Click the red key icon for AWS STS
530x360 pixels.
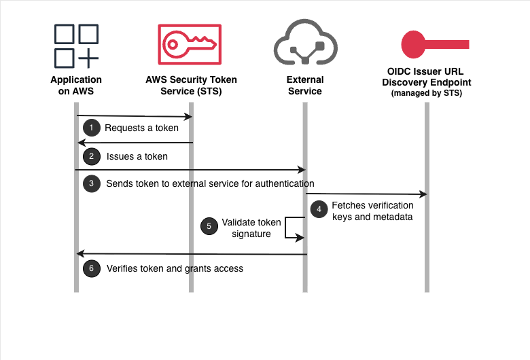point(190,46)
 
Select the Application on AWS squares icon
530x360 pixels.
point(76,46)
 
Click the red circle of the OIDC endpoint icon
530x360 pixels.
point(414,44)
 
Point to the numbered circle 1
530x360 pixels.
point(90,128)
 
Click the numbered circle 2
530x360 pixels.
point(90,156)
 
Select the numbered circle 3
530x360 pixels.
point(90,183)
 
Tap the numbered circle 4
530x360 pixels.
point(318,210)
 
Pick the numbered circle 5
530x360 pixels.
point(209,227)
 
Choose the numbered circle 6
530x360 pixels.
point(90,268)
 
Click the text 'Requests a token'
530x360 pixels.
point(141,128)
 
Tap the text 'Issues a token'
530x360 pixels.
point(137,156)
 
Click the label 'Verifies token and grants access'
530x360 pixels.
point(175,268)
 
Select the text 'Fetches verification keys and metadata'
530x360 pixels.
point(372,211)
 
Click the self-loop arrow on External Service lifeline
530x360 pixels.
point(294,228)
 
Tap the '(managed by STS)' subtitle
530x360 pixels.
point(426,92)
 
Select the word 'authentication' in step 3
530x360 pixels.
point(285,183)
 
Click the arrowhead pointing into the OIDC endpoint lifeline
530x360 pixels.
point(423,195)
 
